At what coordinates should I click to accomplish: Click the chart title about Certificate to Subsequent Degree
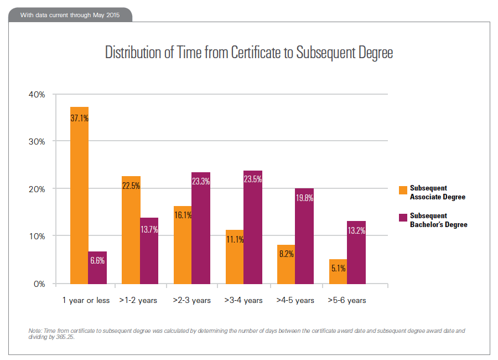(249, 53)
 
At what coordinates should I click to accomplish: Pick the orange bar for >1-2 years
(131, 230)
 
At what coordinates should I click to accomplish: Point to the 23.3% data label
(201, 181)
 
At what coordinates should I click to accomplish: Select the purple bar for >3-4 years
(253, 227)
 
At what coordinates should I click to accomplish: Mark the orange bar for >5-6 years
(338, 271)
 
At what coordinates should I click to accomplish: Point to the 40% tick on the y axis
(37, 94)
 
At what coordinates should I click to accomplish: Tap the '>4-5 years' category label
(295, 300)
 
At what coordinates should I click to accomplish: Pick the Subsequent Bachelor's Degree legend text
(438, 220)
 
